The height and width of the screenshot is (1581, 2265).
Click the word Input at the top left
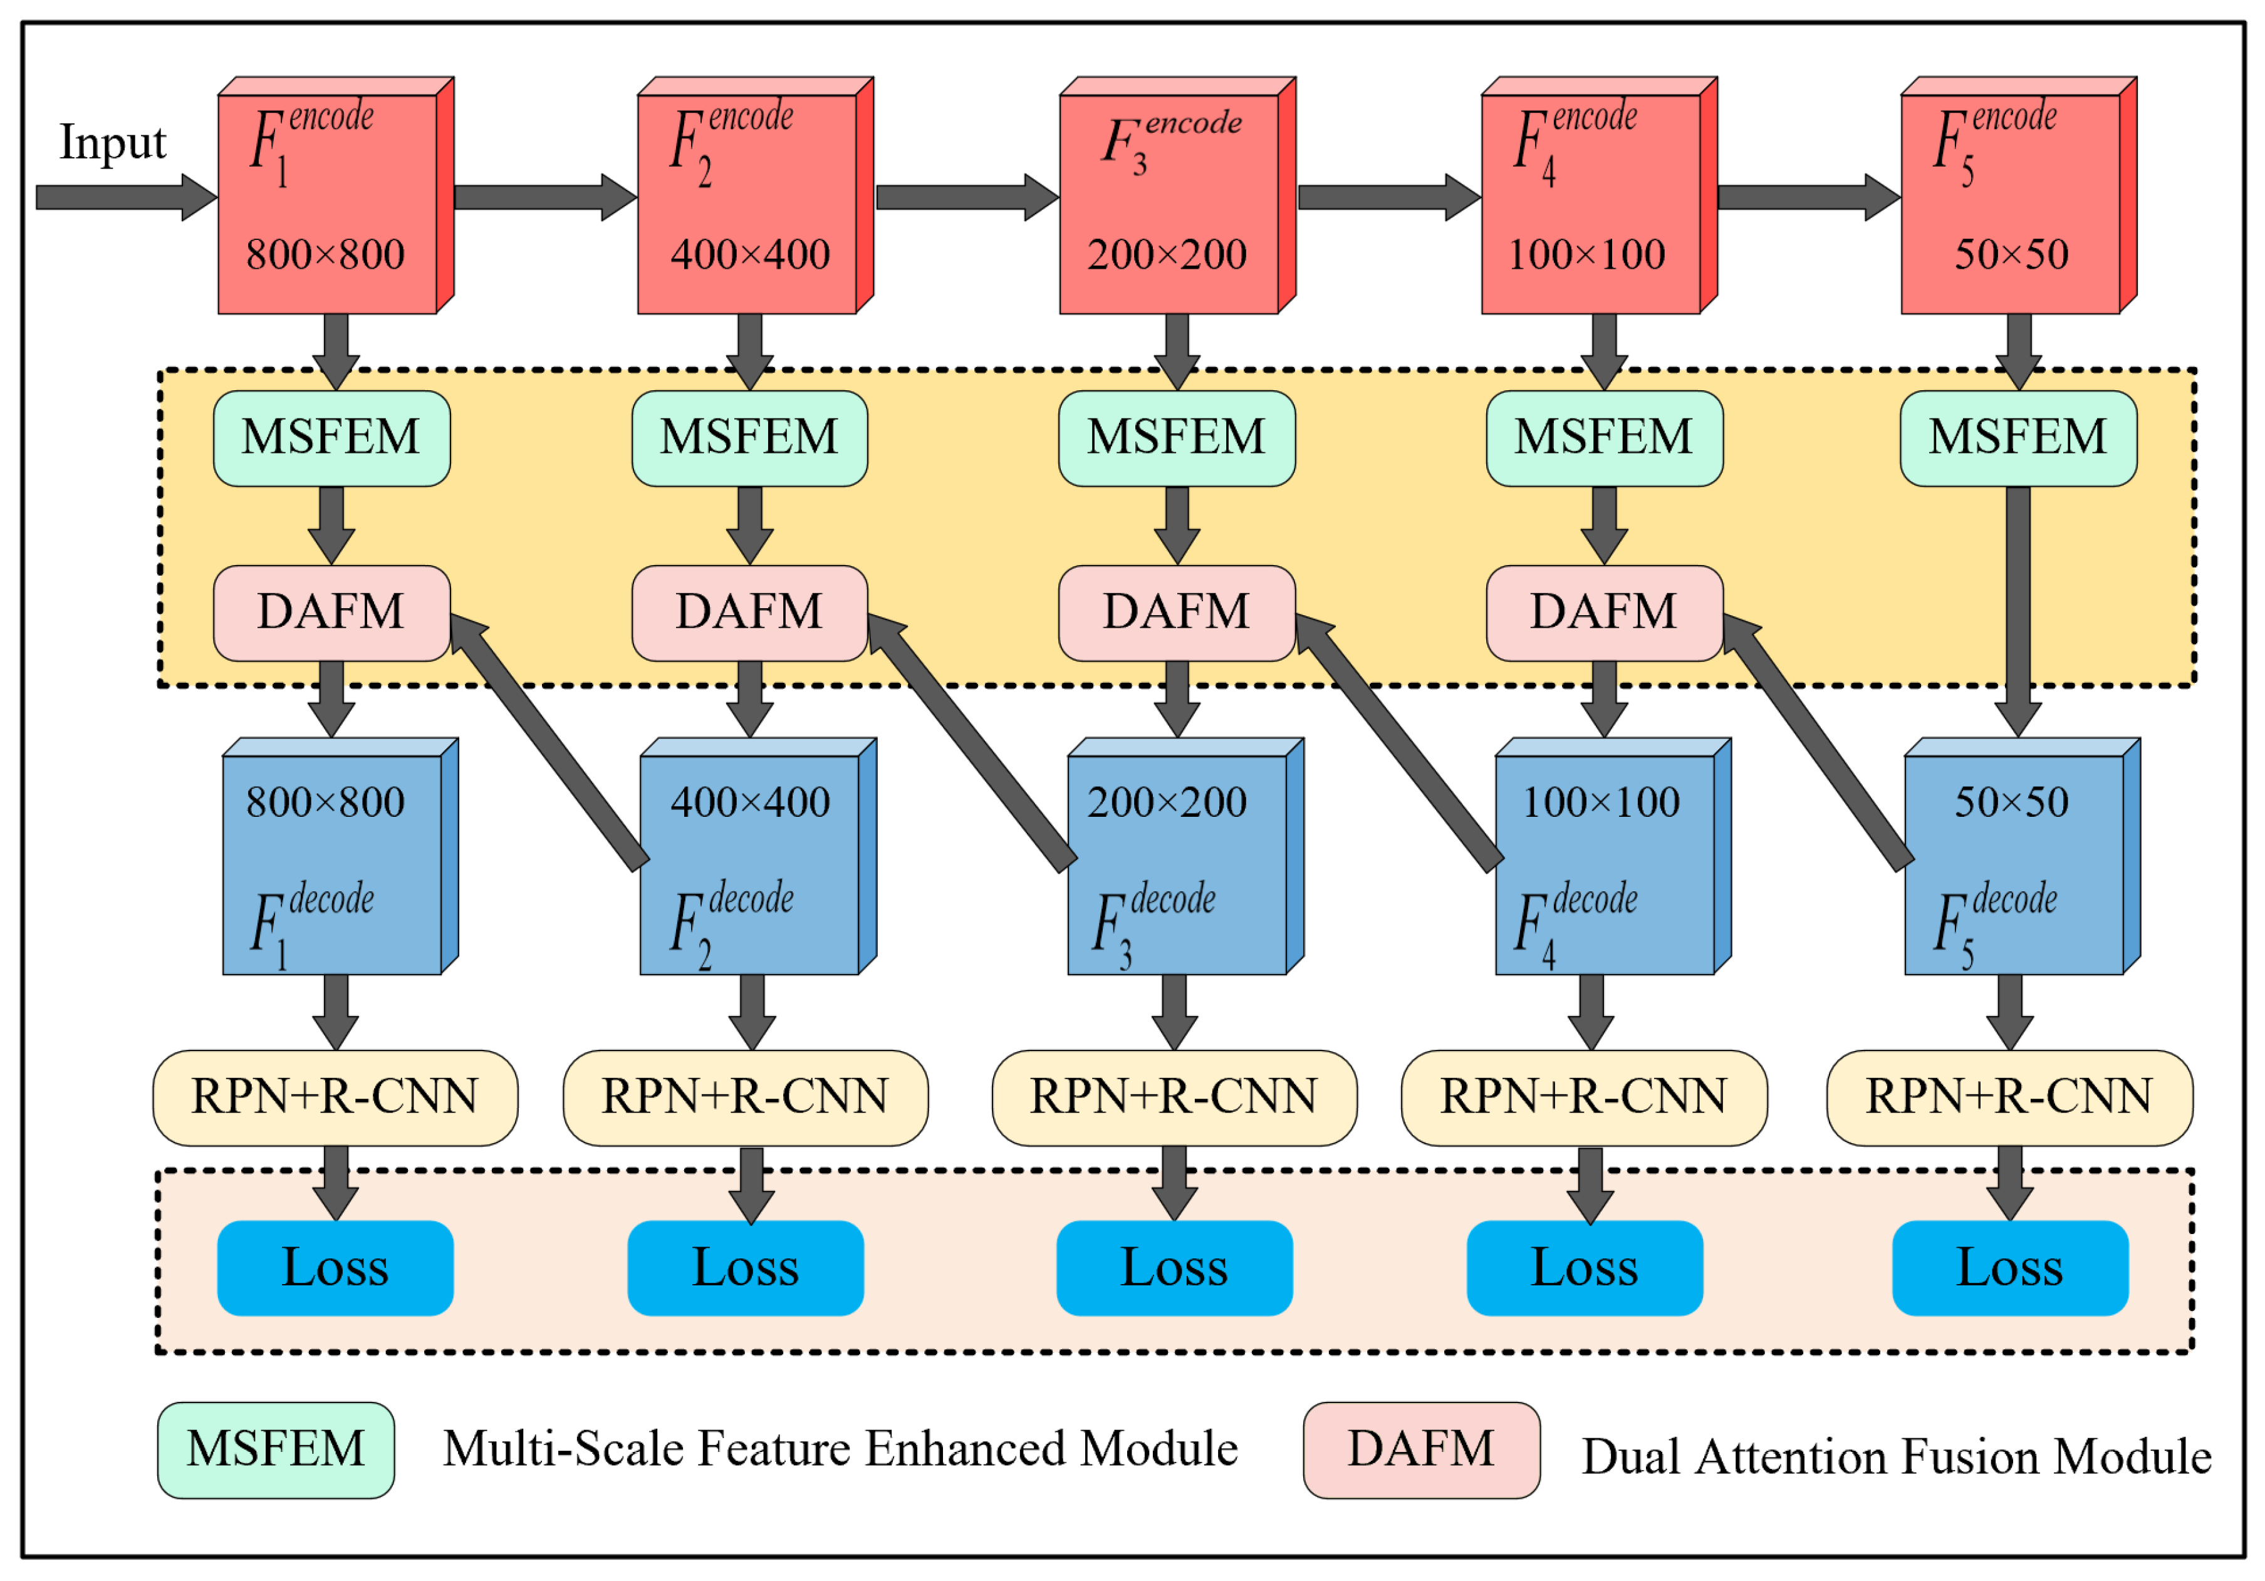tap(112, 143)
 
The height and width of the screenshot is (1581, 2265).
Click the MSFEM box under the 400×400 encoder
tap(750, 438)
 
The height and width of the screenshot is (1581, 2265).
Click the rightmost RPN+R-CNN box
tap(2009, 1097)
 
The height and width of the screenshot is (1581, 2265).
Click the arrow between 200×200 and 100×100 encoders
tap(1386, 197)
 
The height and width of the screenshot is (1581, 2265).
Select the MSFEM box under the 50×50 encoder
tap(2018, 438)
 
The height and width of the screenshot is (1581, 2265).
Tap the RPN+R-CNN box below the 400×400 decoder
tap(745, 1097)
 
